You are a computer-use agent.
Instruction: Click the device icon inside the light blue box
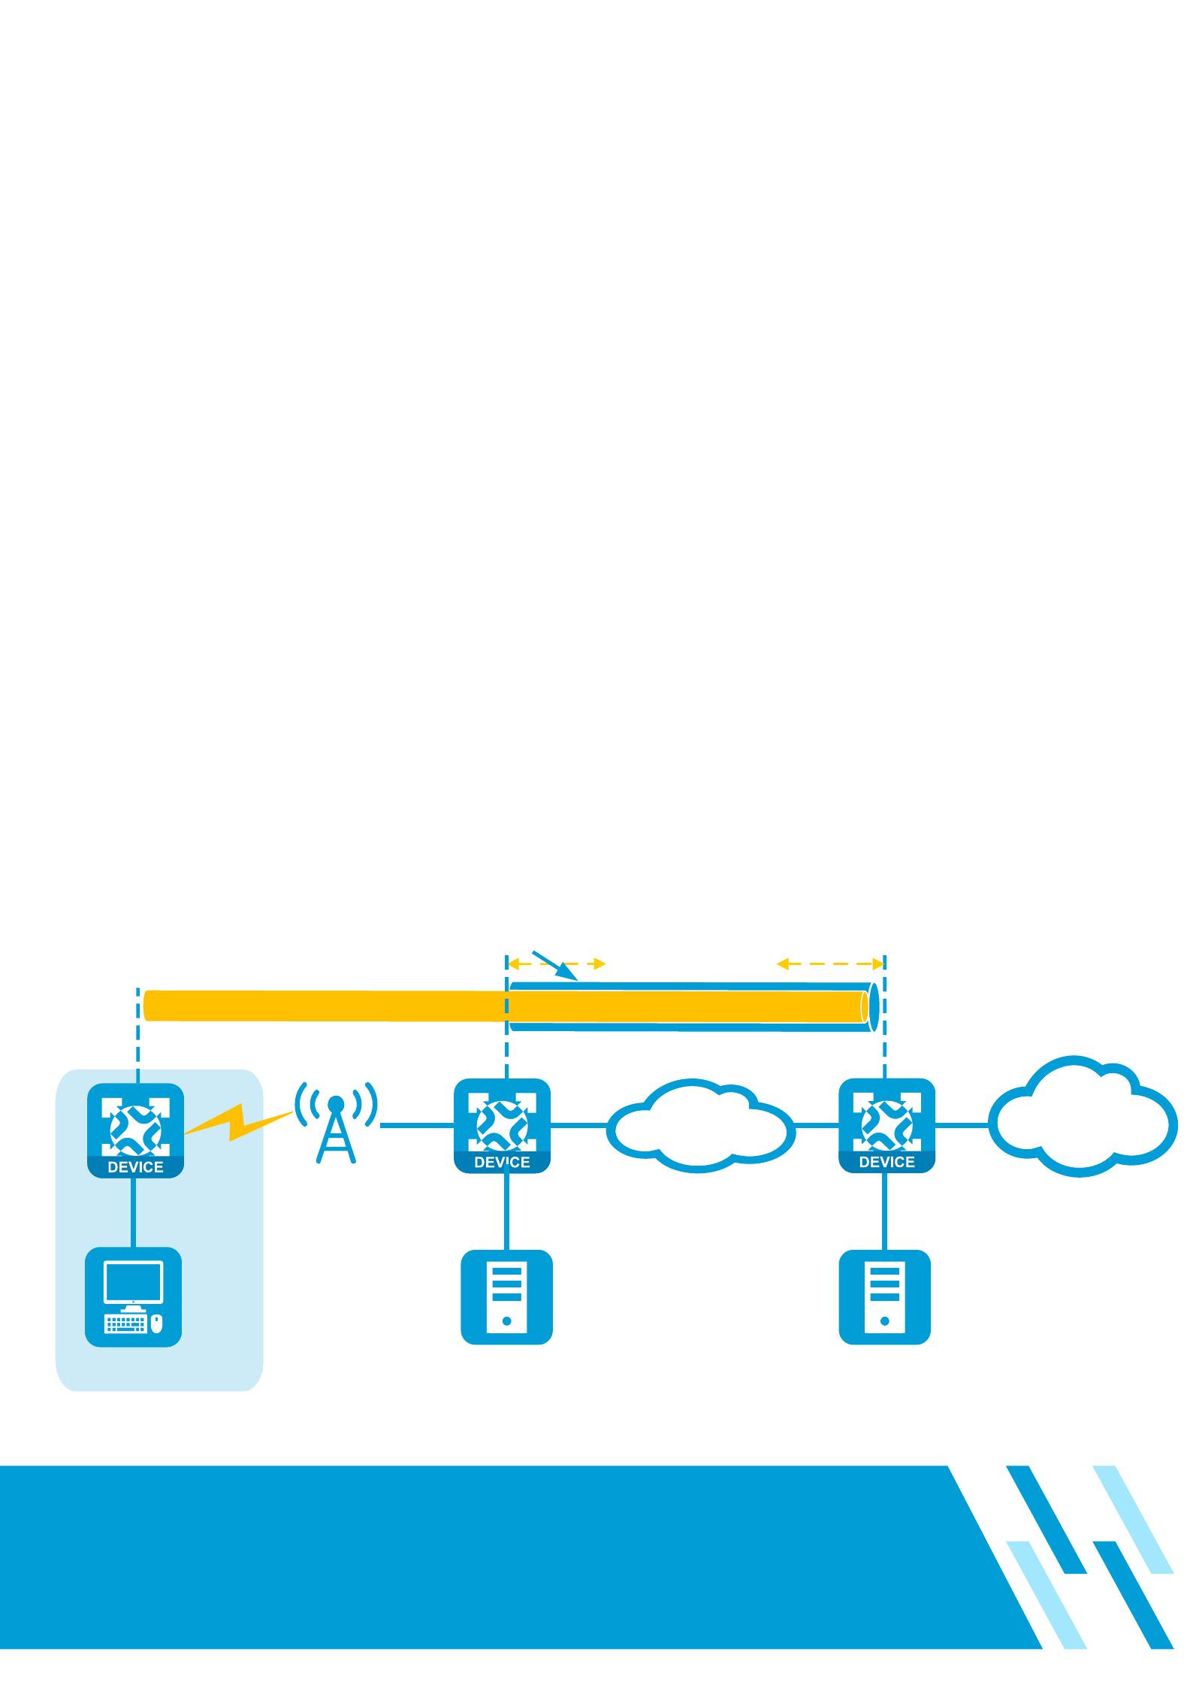(136, 1130)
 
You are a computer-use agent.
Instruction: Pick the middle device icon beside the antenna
(503, 1125)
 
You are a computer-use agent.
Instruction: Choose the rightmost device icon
(886, 1125)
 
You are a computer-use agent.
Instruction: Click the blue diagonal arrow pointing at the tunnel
(554, 966)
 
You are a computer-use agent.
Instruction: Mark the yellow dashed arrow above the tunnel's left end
(557, 963)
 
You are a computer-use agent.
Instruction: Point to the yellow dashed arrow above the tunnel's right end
(830, 963)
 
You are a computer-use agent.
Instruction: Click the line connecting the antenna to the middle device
(417, 1125)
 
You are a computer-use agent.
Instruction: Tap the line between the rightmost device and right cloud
(962, 1125)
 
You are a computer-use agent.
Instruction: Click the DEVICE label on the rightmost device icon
(886, 1162)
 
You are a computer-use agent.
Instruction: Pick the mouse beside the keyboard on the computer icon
(156, 1323)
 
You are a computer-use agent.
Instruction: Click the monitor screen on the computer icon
(133, 1281)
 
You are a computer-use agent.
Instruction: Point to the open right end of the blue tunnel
(874, 1006)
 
